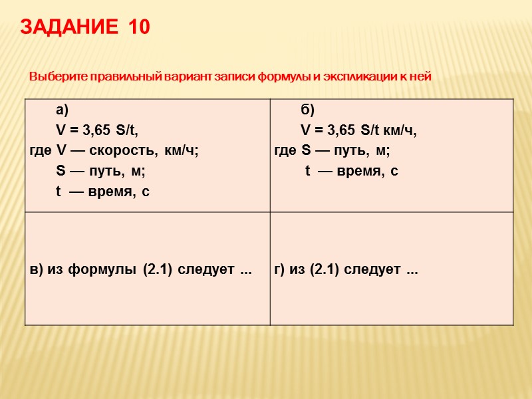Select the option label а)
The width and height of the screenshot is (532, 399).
(63, 110)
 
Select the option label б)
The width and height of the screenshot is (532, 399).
(308, 110)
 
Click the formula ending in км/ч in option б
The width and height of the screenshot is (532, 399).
(359, 130)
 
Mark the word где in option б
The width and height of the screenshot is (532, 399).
(285, 150)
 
